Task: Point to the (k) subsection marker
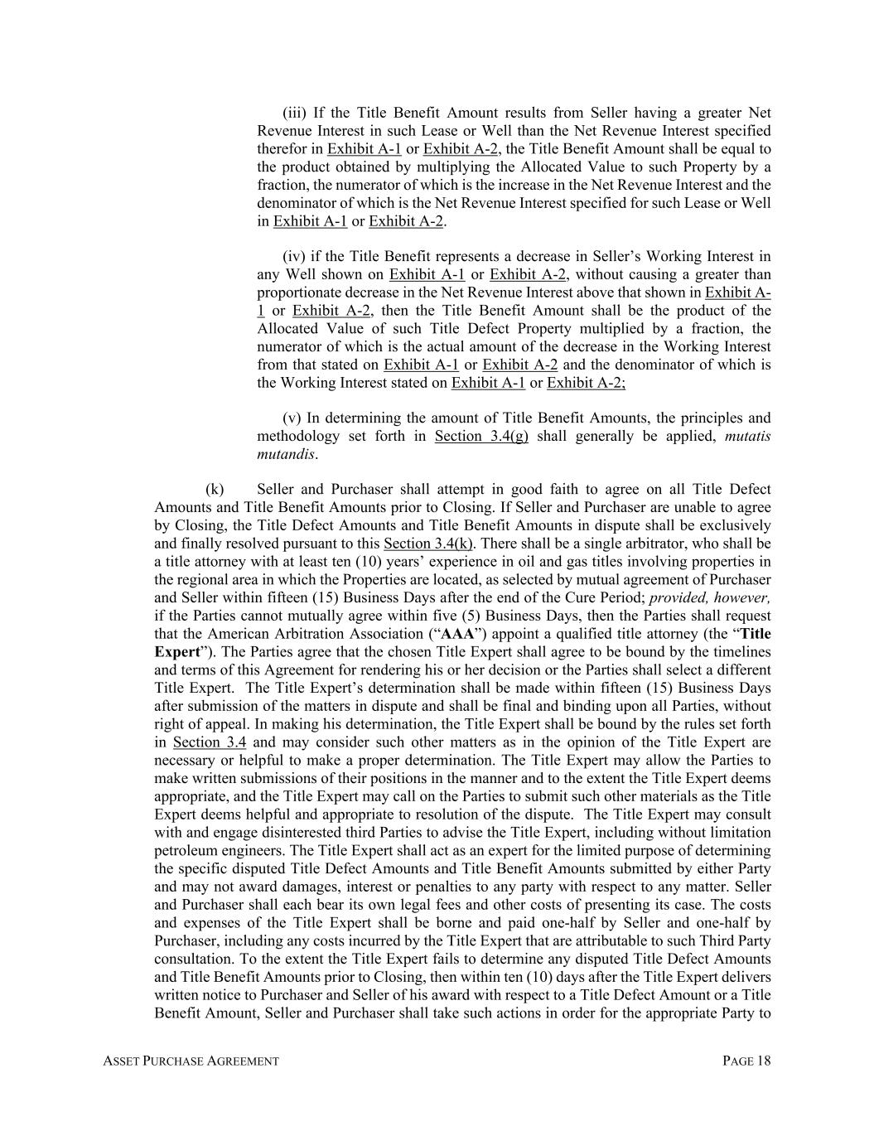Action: [215, 490]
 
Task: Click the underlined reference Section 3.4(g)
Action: [481, 437]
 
